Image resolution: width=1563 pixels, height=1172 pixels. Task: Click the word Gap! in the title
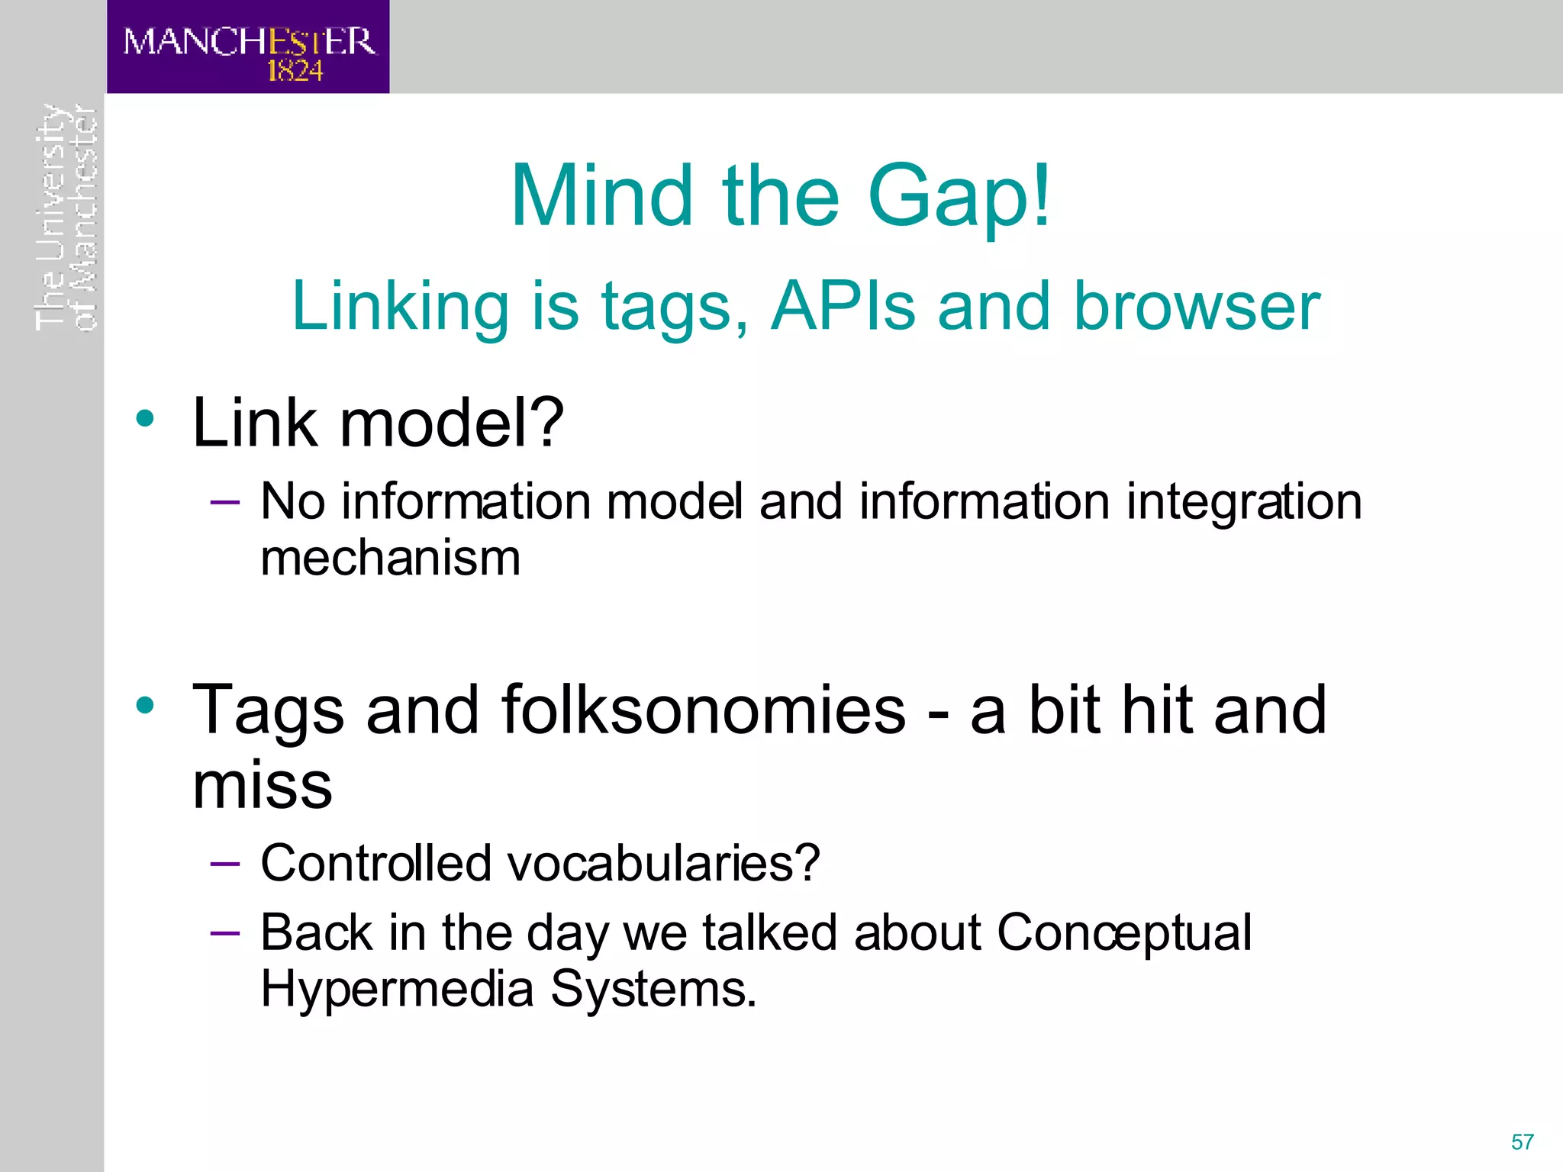(x=959, y=198)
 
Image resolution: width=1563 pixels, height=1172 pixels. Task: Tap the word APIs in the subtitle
(x=843, y=307)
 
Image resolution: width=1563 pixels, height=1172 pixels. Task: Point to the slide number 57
(x=1522, y=1142)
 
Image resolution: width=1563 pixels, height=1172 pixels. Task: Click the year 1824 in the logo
(x=295, y=71)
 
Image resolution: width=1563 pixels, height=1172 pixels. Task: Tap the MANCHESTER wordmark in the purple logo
(x=249, y=41)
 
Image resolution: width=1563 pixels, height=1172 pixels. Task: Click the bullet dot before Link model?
(x=145, y=418)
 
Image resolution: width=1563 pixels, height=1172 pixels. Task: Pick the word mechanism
(x=390, y=559)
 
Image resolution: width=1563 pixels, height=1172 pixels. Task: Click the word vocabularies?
(x=663, y=864)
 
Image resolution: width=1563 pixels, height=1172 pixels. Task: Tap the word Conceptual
(x=1123, y=932)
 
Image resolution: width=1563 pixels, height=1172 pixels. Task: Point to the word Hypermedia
(x=397, y=990)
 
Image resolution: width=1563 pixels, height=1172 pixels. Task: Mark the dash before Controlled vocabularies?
(x=224, y=864)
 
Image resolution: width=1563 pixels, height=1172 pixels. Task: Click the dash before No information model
(x=224, y=502)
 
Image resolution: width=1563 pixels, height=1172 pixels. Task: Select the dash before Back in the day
(x=224, y=932)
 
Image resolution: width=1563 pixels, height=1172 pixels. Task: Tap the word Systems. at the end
(x=653, y=990)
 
